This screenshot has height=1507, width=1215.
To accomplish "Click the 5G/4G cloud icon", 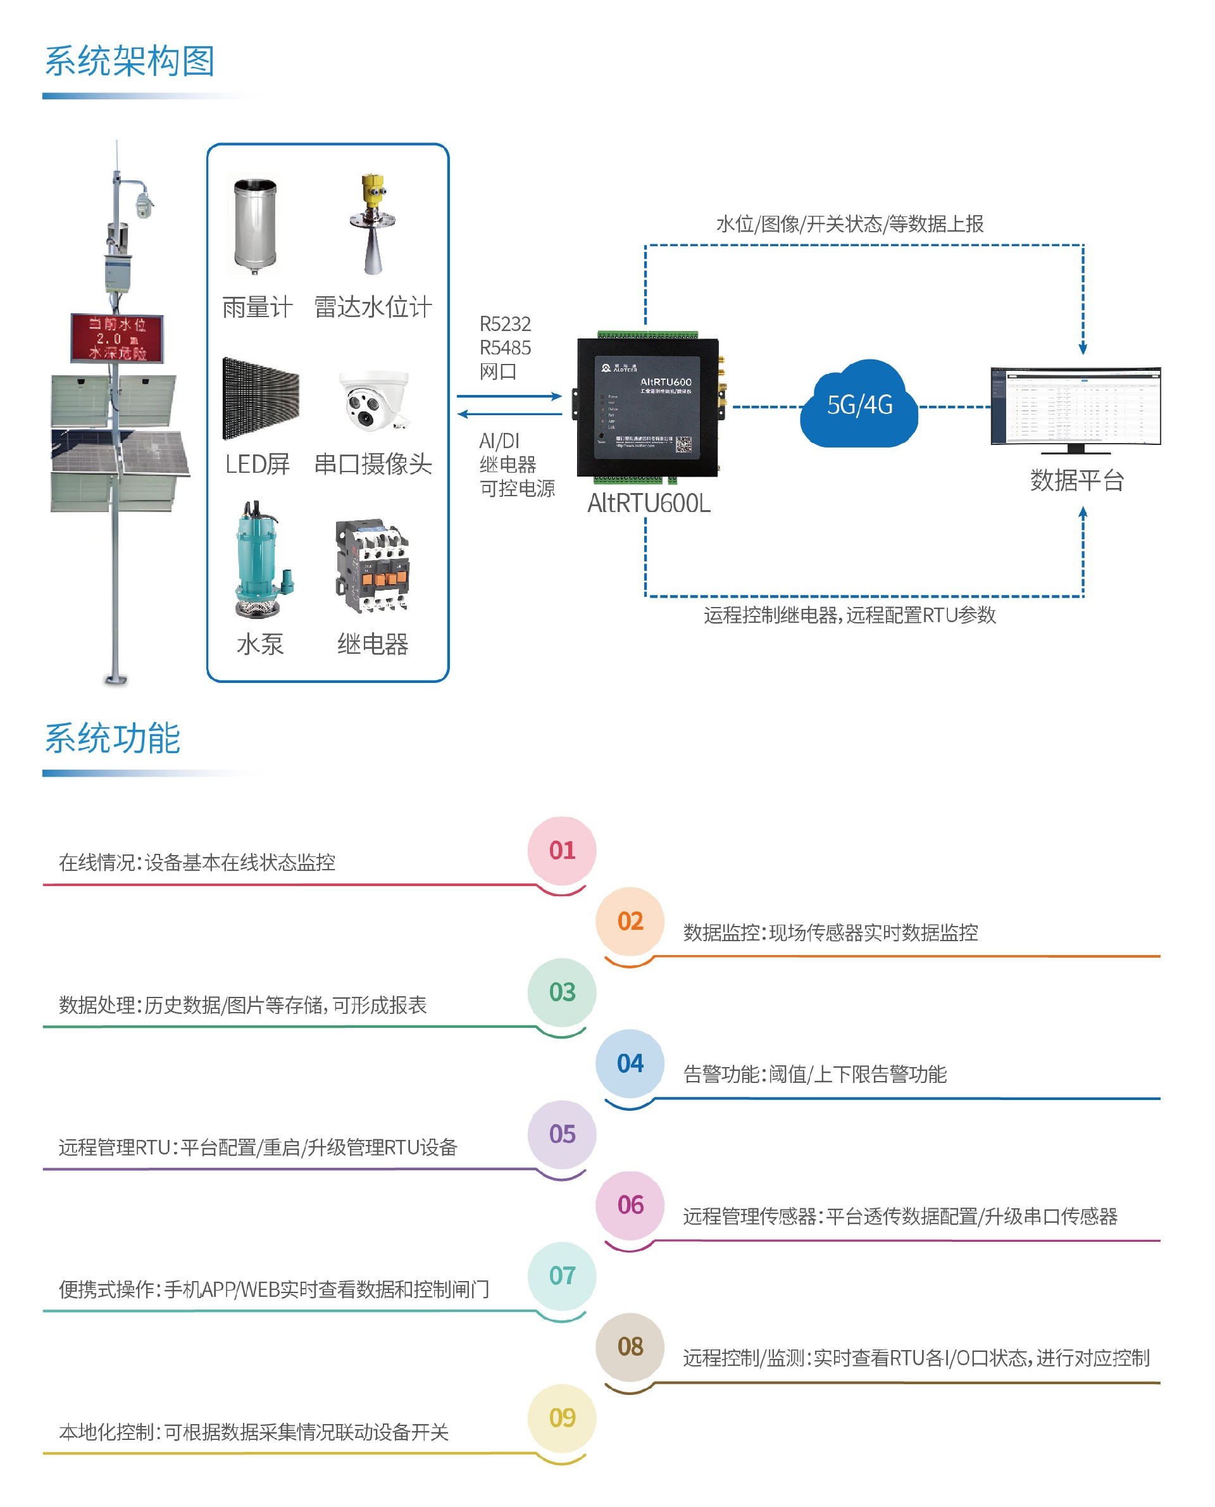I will (x=859, y=404).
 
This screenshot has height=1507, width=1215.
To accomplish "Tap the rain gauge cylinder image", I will (x=256, y=225).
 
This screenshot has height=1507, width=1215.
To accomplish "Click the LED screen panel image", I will (x=260, y=398).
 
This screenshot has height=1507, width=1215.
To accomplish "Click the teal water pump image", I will (x=259, y=560).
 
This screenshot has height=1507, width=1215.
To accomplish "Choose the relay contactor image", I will (x=371, y=566).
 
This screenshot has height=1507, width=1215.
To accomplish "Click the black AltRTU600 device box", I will (x=647, y=408).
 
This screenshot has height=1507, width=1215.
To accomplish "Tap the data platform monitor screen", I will (x=1075, y=406).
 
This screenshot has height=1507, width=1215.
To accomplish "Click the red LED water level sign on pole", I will (x=117, y=338).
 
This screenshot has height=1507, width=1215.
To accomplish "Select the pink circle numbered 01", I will (x=561, y=850).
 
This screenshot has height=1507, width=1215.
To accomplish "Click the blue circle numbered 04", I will (x=630, y=1063).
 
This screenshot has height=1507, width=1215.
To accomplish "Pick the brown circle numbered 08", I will (x=630, y=1347).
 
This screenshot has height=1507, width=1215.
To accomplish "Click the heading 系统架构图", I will (x=130, y=61).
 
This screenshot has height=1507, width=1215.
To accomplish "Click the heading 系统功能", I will (x=113, y=739).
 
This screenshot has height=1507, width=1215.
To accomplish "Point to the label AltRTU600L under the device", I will (x=648, y=503).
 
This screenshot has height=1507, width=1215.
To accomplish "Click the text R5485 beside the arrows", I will (x=504, y=348).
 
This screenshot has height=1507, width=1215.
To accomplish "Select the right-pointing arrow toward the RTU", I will (x=509, y=396).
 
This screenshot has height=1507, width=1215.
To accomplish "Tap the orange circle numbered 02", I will (x=630, y=921).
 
